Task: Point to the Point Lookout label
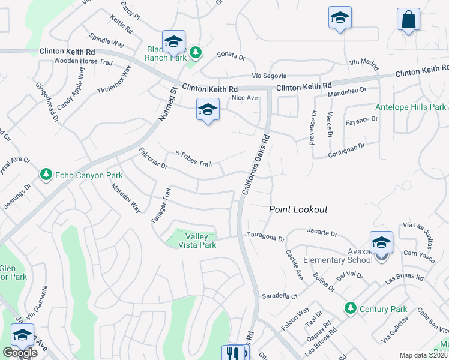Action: coord(298,209)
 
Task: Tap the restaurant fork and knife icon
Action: coord(234,353)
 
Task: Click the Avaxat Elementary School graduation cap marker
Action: coord(381,242)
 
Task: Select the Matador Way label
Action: coord(126,199)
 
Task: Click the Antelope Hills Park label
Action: coord(411,107)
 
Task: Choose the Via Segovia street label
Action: coord(269,76)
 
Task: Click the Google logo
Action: coord(20,352)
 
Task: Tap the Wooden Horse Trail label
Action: coord(83,61)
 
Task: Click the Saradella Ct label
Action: coord(280,296)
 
